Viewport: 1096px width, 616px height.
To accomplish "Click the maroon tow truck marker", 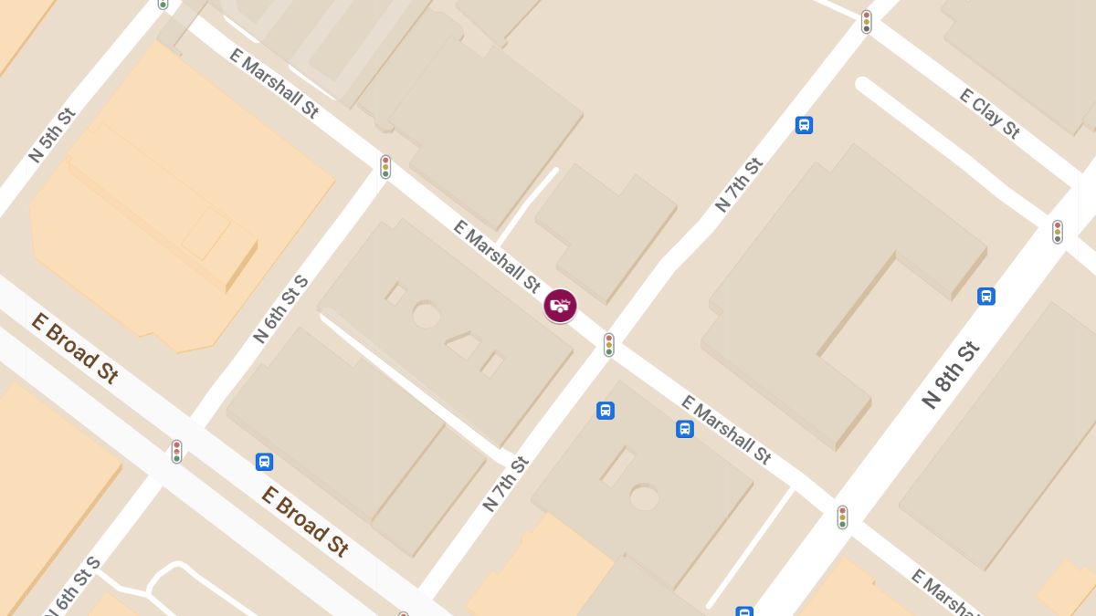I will (x=560, y=306).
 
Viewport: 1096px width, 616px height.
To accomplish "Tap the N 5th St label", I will (x=51, y=136).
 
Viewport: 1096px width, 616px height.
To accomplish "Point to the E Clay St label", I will (x=989, y=113).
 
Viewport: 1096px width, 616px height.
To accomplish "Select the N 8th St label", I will (x=951, y=375).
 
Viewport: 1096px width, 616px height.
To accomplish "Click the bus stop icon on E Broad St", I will (x=264, y=462).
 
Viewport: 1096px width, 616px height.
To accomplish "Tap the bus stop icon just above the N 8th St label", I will (x=985, y=296).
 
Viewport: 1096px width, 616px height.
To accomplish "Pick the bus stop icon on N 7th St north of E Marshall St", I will (x=804, y=125).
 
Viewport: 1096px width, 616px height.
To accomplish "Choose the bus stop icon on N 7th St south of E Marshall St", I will (x=605, y=411).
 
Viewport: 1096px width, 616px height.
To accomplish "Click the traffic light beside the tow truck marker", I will (x=608, y=345).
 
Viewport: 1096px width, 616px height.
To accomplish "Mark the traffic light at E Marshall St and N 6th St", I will (x=385, y=167).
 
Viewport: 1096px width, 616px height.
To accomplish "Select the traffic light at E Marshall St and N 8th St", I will (x=842, y=517).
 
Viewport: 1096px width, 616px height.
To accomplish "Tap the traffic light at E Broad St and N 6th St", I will (x=176, y=451).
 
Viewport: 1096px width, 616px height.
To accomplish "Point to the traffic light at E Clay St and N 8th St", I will (x=1057, y=232).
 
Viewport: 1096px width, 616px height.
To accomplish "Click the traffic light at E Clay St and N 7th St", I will (x=866, y=22).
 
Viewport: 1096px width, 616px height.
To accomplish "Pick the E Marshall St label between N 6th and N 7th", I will (x=498, y=259).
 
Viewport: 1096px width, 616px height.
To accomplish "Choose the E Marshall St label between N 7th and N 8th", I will (x=727, y=430).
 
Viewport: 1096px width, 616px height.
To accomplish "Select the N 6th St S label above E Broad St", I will (x=280, y=308).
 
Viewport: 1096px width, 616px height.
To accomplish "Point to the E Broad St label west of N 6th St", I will (x=75, y=348).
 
